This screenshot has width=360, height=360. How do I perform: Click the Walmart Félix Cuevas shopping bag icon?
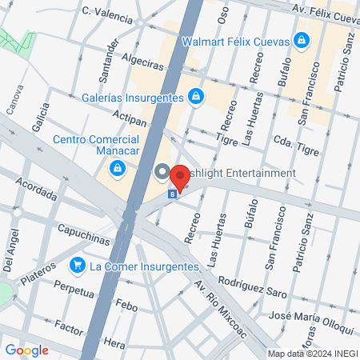302,39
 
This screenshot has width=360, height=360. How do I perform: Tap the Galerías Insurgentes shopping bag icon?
196,97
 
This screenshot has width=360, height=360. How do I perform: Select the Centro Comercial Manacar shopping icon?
118,168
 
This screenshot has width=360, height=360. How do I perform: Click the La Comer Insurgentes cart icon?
78,265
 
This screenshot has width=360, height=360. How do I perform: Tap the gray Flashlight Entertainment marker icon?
162,173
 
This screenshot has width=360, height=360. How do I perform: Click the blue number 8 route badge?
172,193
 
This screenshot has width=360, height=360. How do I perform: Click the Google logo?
26,350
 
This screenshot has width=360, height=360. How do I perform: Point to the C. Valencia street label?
107,13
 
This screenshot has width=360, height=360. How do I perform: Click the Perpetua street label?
74,286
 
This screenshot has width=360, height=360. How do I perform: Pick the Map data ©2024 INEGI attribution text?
312,354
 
